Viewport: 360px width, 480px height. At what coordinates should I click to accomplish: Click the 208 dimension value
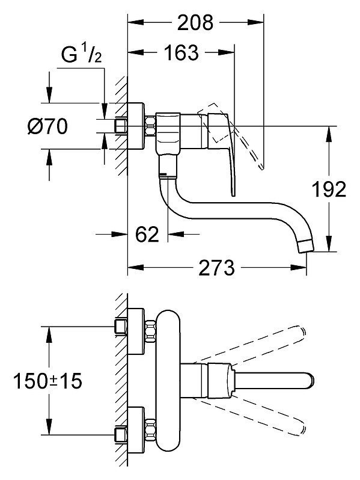tap(195, 23)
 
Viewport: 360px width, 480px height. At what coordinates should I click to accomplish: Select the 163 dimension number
tap(182, 53)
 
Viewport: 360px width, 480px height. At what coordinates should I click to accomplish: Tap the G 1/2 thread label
tap(81, 55)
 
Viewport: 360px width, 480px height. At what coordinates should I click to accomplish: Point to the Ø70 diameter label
tap(47, 126)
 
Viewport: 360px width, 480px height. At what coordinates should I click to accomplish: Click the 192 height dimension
tap(329, 189)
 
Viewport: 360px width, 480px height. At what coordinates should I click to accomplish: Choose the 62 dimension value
tap(147, 235)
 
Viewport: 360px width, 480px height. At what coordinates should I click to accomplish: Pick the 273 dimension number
tap(216, 268)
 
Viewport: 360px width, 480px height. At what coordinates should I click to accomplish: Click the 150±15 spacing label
tap(47, 381)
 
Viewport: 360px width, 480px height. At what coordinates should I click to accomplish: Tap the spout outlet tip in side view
tap(306, 247)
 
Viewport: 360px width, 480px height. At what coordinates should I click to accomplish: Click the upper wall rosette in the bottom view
tap(135, 331)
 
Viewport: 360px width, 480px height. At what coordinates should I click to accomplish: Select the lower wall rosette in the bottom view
tap(135, 431)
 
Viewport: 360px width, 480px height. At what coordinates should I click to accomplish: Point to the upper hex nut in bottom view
tap(150, 331)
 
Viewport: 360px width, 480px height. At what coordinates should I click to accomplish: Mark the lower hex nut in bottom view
tap(150, 431)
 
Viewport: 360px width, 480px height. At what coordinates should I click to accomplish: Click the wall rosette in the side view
tap(135, 126)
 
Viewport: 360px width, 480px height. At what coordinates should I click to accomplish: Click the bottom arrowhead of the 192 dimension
tap(329, 244)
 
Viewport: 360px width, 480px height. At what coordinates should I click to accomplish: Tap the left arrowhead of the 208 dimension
tap(135, 22)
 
